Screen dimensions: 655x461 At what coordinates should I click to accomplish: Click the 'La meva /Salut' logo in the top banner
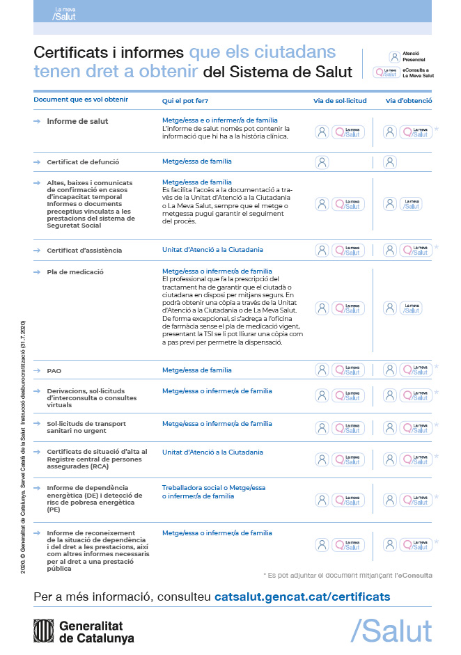click(65, 14)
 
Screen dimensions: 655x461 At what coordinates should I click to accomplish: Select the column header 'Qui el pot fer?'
click(185, 100)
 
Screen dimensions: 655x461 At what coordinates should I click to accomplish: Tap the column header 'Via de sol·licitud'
click(339, 100)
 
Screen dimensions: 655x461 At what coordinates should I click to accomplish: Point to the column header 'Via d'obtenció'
click(408, 100)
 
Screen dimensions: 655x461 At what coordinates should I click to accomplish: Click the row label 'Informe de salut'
click(77, 121)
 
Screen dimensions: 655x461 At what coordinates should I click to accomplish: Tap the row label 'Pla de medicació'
click(75, 271)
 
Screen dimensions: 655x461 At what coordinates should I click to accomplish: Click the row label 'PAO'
click(54, 371)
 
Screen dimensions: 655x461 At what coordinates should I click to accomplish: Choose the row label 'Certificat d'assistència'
click(84, 250)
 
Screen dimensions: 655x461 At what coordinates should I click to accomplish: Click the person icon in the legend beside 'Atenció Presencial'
click(394, 57)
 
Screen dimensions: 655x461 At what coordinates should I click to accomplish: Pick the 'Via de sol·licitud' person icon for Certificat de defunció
click(322, 162)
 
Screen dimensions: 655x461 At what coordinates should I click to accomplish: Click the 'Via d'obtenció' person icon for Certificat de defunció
click(390, 162)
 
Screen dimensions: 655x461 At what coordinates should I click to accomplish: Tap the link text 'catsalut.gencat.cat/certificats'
click(302, 597)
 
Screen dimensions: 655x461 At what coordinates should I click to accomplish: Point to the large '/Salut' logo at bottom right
click(391, 630)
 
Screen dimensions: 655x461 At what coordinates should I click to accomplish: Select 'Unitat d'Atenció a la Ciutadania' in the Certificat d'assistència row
click(212, 249)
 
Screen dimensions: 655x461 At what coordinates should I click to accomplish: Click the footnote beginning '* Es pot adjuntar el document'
click(347, 575)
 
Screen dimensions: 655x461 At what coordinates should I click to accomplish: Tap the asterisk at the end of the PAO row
click(437, 367)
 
